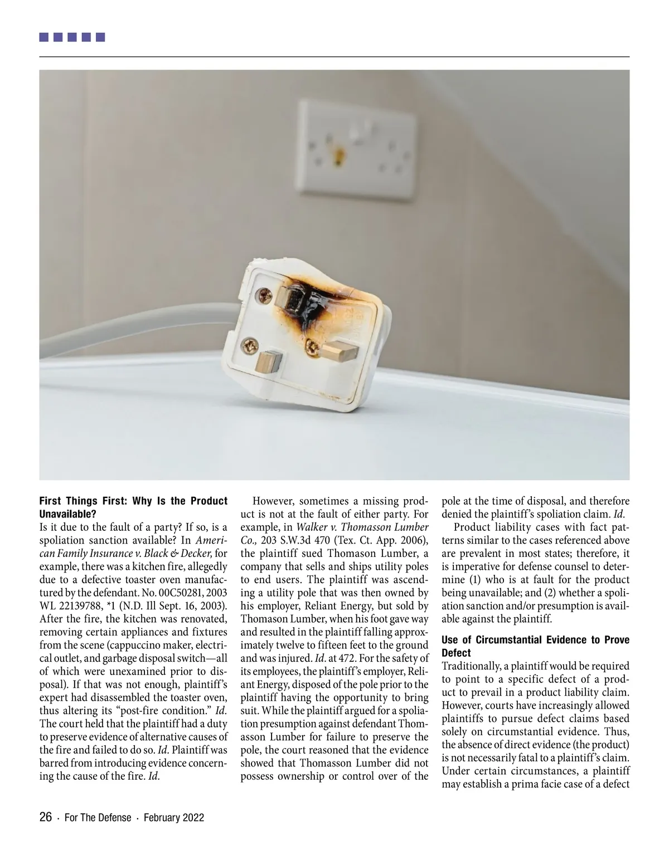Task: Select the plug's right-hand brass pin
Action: tap(340, 351)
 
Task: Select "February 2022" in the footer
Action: tap(173, 818)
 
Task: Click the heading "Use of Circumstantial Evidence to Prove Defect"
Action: tap(535, 646)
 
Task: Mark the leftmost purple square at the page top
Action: tap(44, 38)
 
